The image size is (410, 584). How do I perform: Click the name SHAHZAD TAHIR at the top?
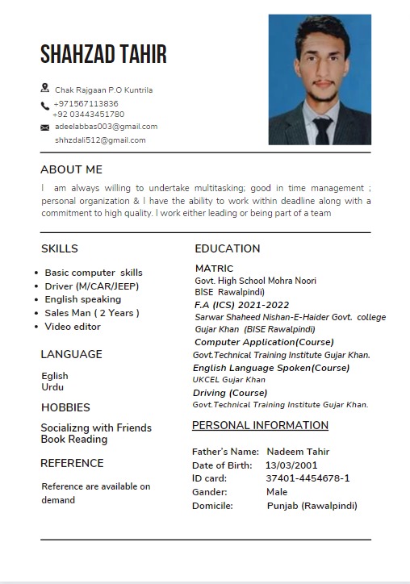coord(103,54)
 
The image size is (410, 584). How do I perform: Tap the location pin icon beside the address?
coord(44,88)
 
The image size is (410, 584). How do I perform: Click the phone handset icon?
coord(45,106)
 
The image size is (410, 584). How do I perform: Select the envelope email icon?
coord(45,127)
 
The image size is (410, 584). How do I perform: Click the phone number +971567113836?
coord(86,104)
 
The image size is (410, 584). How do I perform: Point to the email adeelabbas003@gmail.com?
coord(106,127)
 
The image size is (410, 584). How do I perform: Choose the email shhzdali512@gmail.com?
coord(100,140)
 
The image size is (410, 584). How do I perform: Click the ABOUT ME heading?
coord(71,169)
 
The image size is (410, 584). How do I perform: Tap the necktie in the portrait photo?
coord(323,129)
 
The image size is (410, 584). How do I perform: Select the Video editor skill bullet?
coord(73,327)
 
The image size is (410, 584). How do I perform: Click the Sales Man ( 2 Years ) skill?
coord(92,313)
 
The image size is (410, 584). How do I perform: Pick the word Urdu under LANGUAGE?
coord(52,387)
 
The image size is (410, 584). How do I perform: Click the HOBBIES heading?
coord(65,407)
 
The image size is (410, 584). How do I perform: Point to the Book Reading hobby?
coord(74,440)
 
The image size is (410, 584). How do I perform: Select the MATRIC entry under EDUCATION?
coord(214,269)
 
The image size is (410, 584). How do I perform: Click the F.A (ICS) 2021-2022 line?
coord(241,305)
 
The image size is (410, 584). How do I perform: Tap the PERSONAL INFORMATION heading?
coord(260,425)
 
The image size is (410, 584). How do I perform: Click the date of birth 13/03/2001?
coord(291,465)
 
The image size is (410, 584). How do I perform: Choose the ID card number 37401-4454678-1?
coord(307,478)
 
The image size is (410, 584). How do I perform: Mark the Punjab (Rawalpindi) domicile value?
coord(312,506)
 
